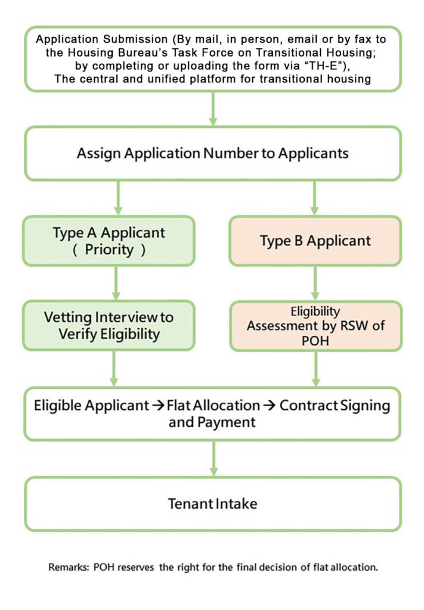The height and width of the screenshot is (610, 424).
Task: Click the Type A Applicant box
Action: pyautogui.click(x=109, y=241)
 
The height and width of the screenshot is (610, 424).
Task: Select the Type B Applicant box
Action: pyautogui.click(x=315, y=241)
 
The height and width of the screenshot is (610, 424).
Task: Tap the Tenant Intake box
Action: pyautogui.click(x=212, y=504)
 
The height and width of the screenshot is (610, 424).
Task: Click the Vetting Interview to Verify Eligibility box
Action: pyautogui.click(x=109, y=325)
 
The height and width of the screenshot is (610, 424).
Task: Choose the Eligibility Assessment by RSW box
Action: pyautogui.click(x=315, y=326)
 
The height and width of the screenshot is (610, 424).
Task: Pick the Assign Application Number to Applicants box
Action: pyautogui.click(x=212, y=153)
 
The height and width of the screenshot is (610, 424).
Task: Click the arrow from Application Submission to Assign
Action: pyautogui.click(x=212, y=108)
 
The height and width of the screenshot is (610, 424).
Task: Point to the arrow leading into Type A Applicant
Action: pyautogui.click(x=118, y=198)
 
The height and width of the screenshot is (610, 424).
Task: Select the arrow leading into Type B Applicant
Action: pyautogui.click(x=315, y=198)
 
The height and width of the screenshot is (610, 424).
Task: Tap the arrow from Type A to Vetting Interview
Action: pyautogui.click(x=116, y=283)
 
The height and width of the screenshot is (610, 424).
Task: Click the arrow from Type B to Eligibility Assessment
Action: pyautogui.click(x=315, y=284)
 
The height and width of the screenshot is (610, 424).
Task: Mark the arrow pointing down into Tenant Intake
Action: pyautogui.click(x=213, y=459)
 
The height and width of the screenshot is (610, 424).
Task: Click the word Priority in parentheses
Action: pyautogui.click(x=109, y=250)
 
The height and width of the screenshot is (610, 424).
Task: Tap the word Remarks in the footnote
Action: pyautogui.click(x=69, y=567)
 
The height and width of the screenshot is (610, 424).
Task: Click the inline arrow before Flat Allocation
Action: pyautogui.click(x=158, y=406)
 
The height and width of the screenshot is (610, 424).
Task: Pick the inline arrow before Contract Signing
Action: pyautogui.click(x=270, y=406)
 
